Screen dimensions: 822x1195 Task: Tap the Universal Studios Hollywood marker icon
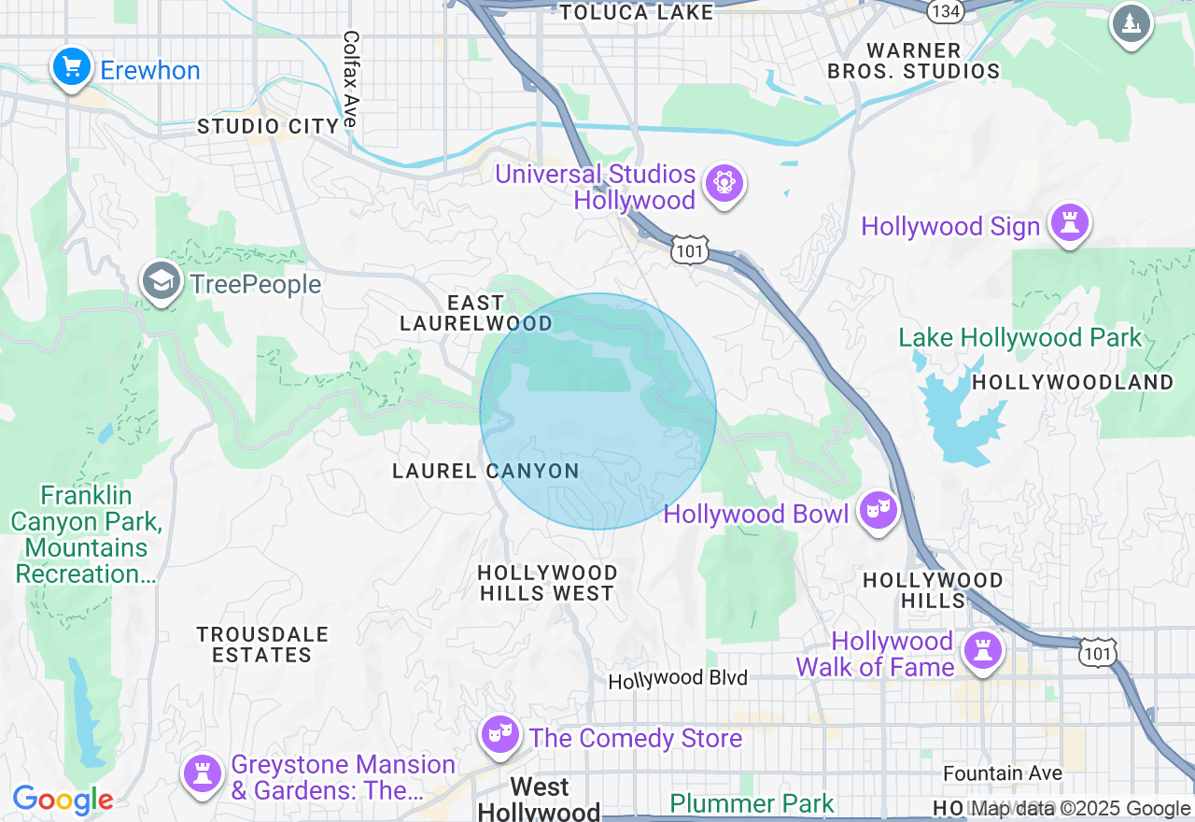pyautogui.click(x=724, y=183)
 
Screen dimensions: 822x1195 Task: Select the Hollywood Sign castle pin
pyautogui.click(x=1069, y=223)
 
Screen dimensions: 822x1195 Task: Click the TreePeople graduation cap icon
pyautogui.click(x=162, y=281)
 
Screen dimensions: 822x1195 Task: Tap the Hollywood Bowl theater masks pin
pyautogui.click(x=878, y=510)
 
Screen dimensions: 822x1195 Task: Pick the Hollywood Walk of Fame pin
pyautogui.click(x=981, y=650)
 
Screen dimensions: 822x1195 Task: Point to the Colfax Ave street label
pyautogui.click(x=350, y=78)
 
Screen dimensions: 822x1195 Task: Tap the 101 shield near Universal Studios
pyautogui.click(x=689, y=250)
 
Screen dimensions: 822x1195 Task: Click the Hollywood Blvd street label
pyautogui.click(x=678, y=679)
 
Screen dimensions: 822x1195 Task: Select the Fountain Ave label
pyautogui.click(x=1002, y=773)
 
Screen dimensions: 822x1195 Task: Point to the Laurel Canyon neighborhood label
pyautogui.click(x=485, y=471)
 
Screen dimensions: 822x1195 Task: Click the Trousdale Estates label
pyautogui.click(x=262, y=645)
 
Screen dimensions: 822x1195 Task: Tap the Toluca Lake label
pyautogui.click(x=636, y=12)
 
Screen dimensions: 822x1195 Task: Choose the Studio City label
pyautogui.click(x=268, y=126)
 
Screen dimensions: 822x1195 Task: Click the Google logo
pyautogui.click(x=63, y=800)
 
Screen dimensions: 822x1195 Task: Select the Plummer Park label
pyautogui.click(x=752, y=803)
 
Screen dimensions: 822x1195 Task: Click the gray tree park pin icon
pyautogui.click(x=1131, y=23)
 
